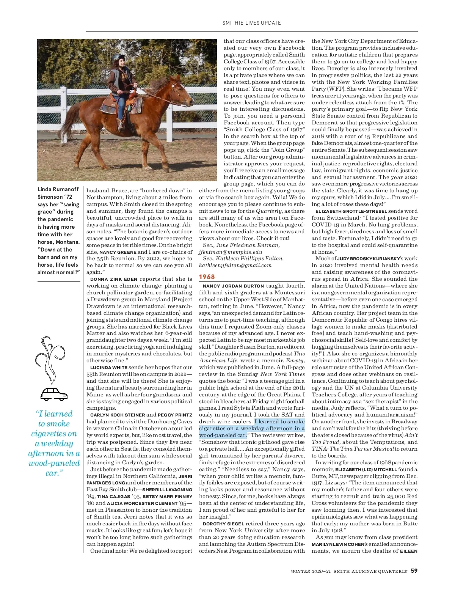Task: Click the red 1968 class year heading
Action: pyautogui.click(x=207, y=277)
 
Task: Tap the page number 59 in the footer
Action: pyautogui.click(x=414, y=571)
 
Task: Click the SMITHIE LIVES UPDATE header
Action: pyautogui.click(x=252, y=23)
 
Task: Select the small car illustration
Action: pyautogui.click(x=54, y=394)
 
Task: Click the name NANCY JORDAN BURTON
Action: pyautogui.click(x=233, y=286)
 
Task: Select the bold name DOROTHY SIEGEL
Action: pyautogui.click(x=224, y=524)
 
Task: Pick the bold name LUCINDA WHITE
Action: pyautogui.click(x=108, y=368)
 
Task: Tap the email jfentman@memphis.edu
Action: pyautogui.click(x=231, y=252)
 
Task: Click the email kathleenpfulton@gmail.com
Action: pyautogui.click(x=235, y=265)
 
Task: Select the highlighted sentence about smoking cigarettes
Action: pyautogui.click(x=252, y=428)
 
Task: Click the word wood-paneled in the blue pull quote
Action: pyautogui.click(x=54, y=463)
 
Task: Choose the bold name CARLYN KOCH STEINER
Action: pyautogui.click(x=118, y=415)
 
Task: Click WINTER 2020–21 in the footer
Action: pyautogui.click(x=311, y=571)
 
